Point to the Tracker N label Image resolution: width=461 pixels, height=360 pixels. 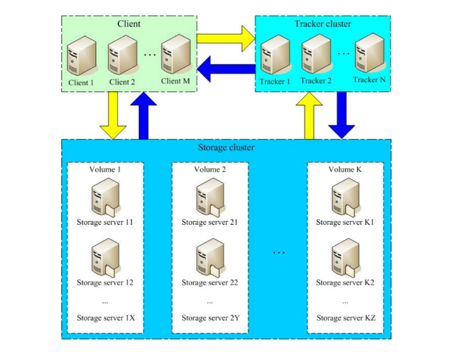[369, 79]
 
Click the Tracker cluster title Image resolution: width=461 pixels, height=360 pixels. [323, 24]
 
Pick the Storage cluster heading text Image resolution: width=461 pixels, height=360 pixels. [227, 147]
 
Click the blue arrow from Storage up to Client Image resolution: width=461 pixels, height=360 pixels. [144, 116]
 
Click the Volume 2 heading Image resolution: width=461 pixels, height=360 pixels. [210, 169]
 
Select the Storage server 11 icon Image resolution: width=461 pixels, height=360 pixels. [105, 198]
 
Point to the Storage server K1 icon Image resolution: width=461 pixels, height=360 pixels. [345, 198]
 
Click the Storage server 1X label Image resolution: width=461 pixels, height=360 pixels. [106, 318]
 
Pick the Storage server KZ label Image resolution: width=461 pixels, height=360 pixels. [346, 318]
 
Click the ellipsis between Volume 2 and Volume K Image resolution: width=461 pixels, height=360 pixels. [278, 252]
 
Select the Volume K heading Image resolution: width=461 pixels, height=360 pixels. [345, 169]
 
